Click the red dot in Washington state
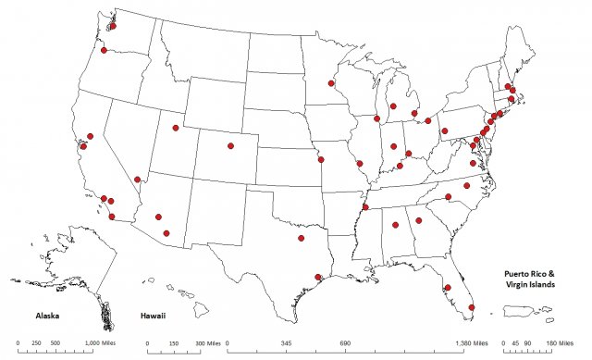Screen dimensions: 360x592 click(x=112, y=26)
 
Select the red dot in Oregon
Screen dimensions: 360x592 click(x=105, y=50)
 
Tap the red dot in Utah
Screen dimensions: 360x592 click(x=175, y=128)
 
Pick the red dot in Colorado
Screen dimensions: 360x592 click(x=230, y=146)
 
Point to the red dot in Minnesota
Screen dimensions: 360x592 click(x=331, y=83)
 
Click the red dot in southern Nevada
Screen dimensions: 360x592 click(x=138, y=180)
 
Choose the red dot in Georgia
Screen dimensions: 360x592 click(x=418, y=220)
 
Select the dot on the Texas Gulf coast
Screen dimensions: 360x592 click(x=318, y=277)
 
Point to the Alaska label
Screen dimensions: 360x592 click(x=43, y=316)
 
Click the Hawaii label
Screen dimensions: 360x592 click(x=154, y=316)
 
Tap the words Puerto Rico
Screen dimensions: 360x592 click(x=528, y=274)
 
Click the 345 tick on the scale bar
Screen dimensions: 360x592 click(x=286, y=342)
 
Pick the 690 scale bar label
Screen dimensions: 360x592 click(x=345, y=342)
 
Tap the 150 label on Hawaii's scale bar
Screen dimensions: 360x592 click(x=175, y=342)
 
